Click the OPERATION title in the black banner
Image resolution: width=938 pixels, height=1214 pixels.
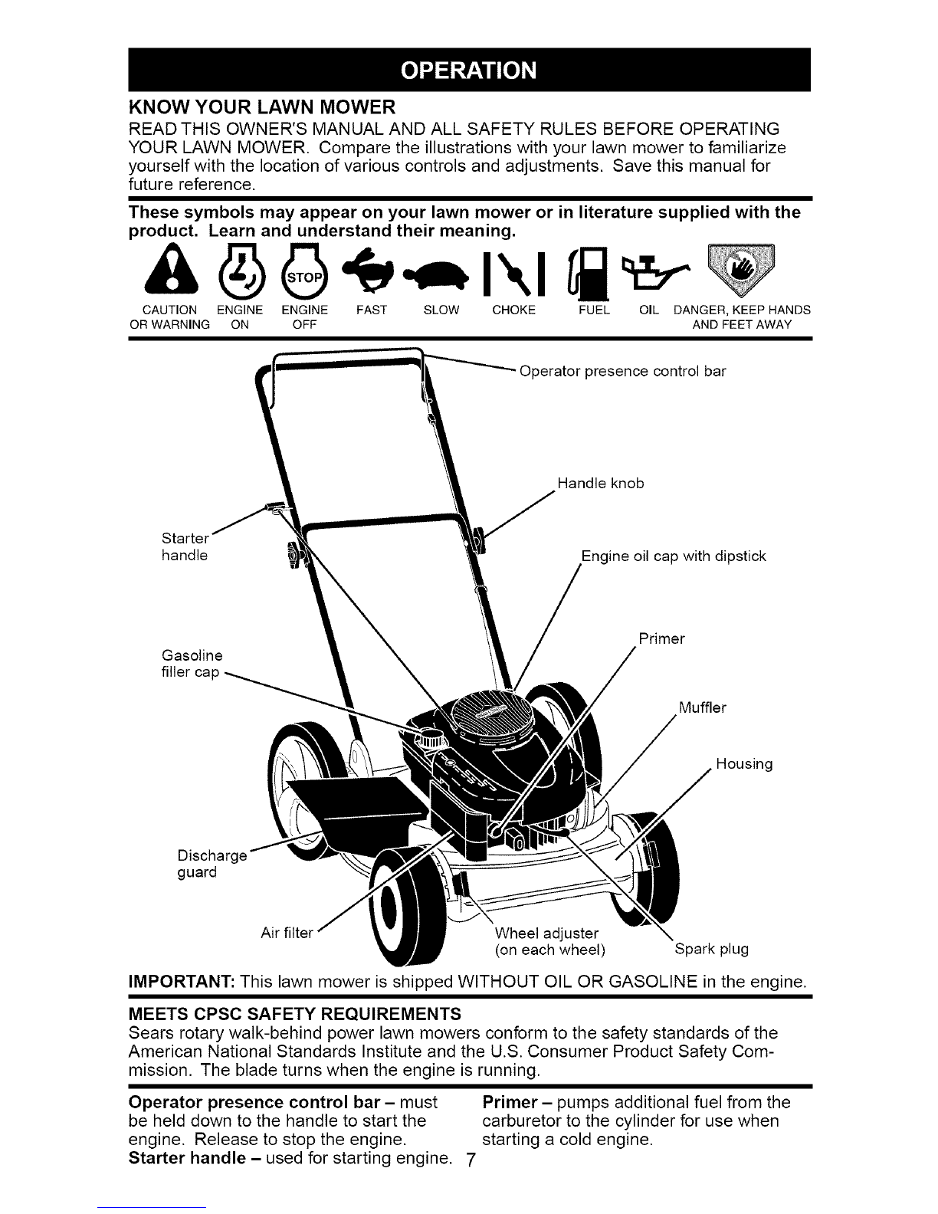click(x=469, y=71)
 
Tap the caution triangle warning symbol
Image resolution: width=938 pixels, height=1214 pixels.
click(x=171, y=269)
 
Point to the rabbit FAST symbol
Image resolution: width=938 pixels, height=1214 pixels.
click(x=368, y=270)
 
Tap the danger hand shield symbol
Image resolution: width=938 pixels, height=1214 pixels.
click(x=741, y=269)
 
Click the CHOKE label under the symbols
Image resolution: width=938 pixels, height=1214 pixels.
click(x=513, y=310)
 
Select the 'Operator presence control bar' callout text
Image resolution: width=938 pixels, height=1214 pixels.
click(x=622, y=372)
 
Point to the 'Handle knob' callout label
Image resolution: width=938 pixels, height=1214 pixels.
click(x=601, y=484)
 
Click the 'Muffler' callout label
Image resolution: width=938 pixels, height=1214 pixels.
click(x=702, y=707)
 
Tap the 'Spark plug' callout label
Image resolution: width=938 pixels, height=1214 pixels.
click(x=711, y=949)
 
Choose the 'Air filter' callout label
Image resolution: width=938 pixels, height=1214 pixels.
click(x=287, y=933)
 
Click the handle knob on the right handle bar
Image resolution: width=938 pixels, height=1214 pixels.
click(x=478, y=540)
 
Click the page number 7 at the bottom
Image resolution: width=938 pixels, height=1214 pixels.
click(x=470, y=1160)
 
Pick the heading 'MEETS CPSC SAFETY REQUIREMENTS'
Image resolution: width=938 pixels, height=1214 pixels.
click(x=295, y=1013)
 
